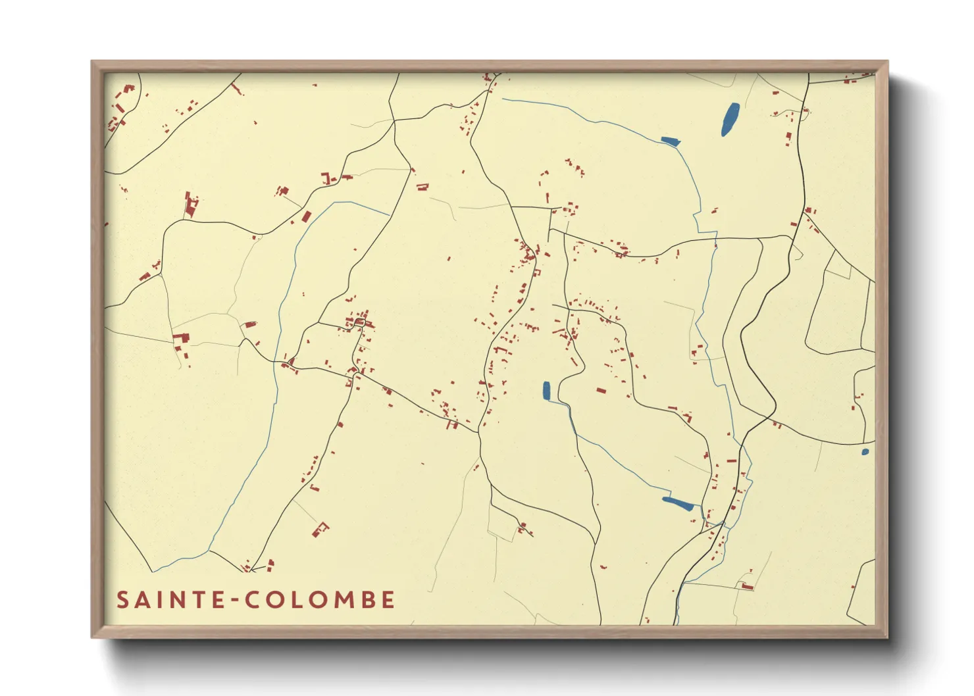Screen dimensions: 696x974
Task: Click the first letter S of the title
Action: click(122, 600)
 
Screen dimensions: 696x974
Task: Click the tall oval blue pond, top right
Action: click(730, 120)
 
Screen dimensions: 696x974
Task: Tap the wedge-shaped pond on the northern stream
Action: click(670, 140)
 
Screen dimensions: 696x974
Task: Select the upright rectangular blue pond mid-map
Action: click(546, 391)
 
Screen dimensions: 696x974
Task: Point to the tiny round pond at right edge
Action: click(865, 452)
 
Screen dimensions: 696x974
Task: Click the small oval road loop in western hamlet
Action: click(360, 322)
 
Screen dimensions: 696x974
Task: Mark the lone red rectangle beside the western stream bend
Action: click(305, 216)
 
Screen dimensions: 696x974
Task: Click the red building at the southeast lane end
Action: click(746, 585)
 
